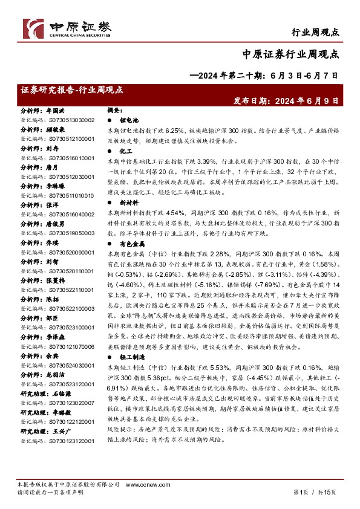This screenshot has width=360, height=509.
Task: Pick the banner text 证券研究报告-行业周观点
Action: pos(71,89)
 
